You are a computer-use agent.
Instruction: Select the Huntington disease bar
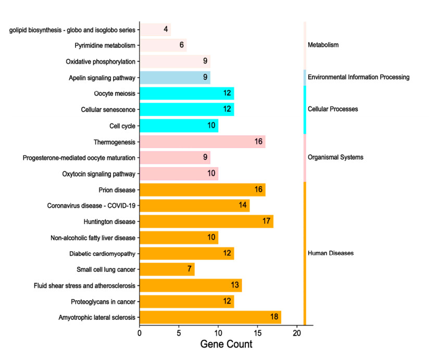click(x=206, y=221)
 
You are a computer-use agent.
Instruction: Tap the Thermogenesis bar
click(x=203, y=142)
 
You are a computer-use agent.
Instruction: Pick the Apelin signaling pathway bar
click(x=175, y=78)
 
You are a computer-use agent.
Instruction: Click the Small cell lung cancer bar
click(x=167, y=269)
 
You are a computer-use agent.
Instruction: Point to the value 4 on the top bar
click(x=166, y=29)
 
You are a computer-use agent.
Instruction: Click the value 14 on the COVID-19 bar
click(x=243, y=205)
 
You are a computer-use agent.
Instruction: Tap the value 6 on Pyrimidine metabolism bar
click(x=182, y=45)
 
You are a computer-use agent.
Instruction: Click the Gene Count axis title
click(x=226, y=344)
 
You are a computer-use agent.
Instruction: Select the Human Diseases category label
click(x=331, y=253)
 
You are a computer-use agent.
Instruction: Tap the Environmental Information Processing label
click(x=358, y=77)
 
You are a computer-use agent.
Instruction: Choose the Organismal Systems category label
click(x=335, y=157)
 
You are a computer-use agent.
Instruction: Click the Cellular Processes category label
click(x=333, y=109)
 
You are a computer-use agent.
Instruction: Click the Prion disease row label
click(x=117, y=190)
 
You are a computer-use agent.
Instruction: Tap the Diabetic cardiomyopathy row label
click(x=102, y=254)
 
